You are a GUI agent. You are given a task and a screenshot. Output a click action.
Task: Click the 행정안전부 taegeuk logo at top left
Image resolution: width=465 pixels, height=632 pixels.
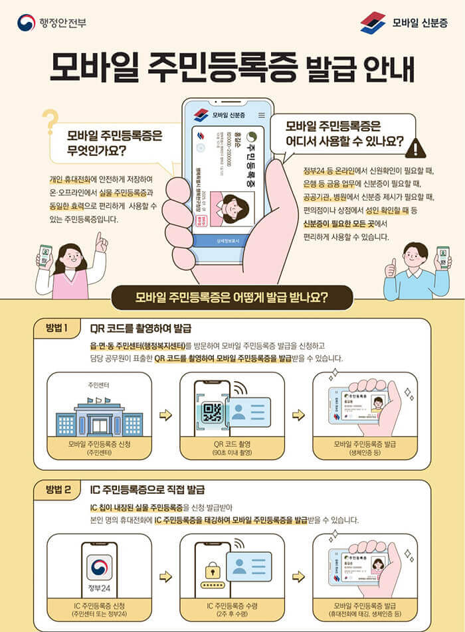(26, 23)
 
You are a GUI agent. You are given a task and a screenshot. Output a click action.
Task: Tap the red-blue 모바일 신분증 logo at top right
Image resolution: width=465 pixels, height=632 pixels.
(373, 23)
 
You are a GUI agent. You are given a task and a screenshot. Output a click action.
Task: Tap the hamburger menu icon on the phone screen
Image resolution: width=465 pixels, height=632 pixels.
(261, 116)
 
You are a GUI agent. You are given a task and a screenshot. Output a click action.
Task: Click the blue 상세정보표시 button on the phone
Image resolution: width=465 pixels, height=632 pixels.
(227, 240)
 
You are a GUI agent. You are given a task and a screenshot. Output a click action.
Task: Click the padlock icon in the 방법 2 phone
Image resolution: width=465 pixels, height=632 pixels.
(213, 570)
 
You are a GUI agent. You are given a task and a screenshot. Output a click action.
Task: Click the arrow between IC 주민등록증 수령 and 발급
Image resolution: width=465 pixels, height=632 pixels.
(298, 576)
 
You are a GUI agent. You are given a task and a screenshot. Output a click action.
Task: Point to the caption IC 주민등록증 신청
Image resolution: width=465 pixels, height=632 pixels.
(99, 606)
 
